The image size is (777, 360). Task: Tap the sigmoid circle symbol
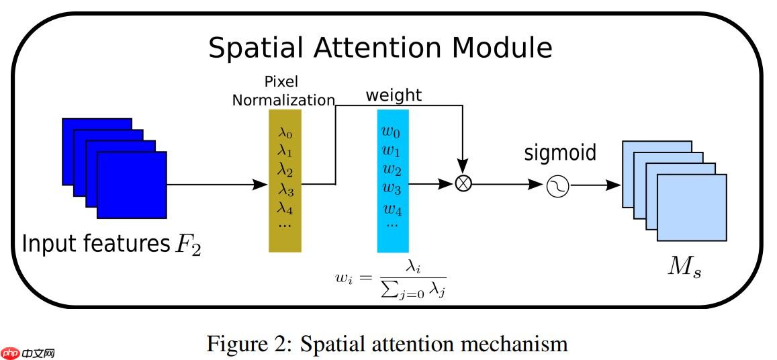(557, 185)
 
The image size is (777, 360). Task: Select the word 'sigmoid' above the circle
(560, 153)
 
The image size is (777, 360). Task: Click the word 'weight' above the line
(394, 95)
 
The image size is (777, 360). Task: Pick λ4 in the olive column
(285, 206)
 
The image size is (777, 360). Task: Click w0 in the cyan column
(392, 132)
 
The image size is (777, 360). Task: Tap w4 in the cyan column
(392, 208)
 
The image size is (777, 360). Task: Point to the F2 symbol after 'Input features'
(187, 245)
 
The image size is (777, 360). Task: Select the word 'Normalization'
(283, 101)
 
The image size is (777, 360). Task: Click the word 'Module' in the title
(502, 48)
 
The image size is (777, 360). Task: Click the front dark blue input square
(132, 185)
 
